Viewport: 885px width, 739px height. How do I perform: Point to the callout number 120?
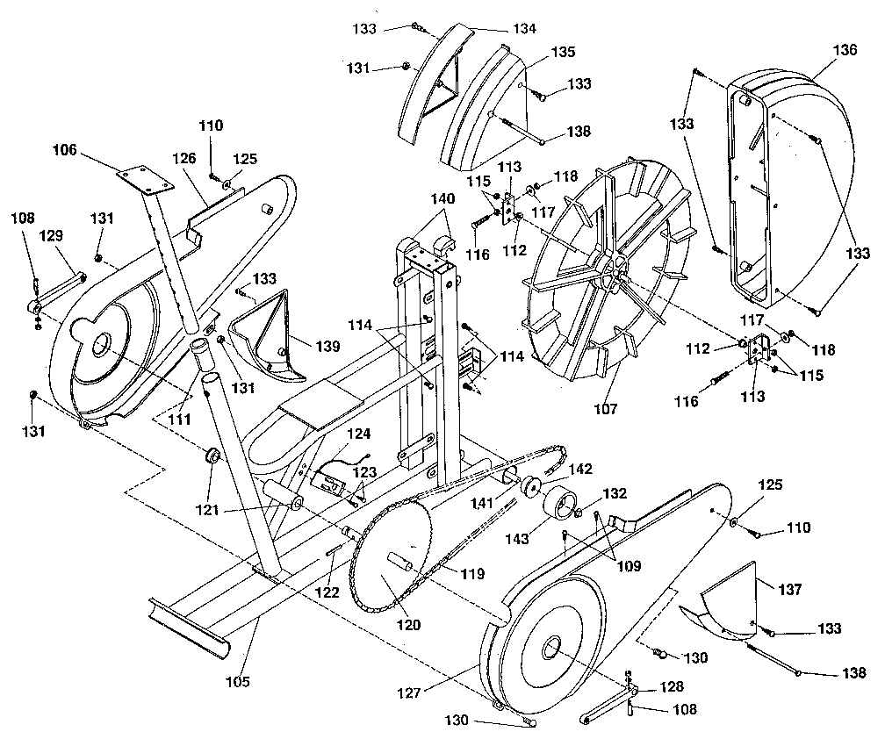pyautogui.click(x=407, y=626)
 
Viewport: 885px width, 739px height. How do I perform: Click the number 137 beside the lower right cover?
pyautogui.click(x=789, y=590)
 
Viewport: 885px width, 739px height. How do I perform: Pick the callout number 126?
pyautogui.click(x=183, y=160)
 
